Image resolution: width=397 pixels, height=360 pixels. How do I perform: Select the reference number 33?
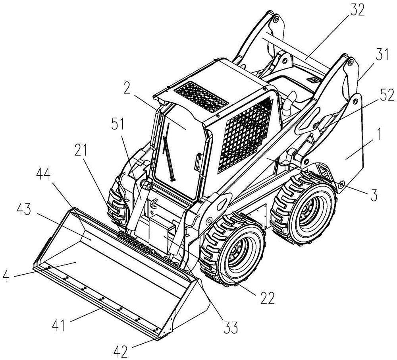[x=229, y=327]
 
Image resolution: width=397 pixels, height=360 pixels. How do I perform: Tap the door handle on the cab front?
[x=197, y=162]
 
